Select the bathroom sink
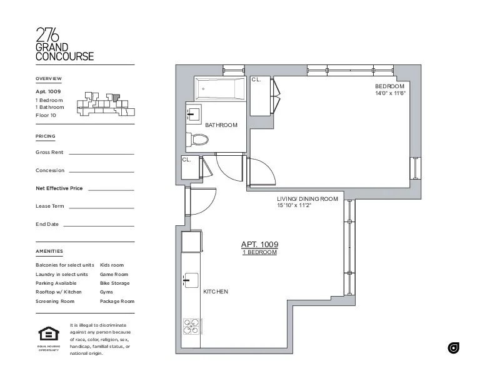(x=193, y=115)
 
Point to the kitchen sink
(x=191, y=279)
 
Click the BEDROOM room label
(x=390, y=86)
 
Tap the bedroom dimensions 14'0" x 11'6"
(x=390, y=93)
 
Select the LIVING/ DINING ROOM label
(x=307, y=199)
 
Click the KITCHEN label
(x=216, y=292)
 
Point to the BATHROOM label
(x=221, y=125)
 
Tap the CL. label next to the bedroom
(x=256, y=80)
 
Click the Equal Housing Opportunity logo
(x=48, y=335)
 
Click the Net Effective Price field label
(x=59, y=188)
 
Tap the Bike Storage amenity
(x=114, y=283)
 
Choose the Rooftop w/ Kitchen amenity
(x=59, y=292)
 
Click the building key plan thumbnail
(x=103, y=104)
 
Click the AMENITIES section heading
(x=49, y=251)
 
